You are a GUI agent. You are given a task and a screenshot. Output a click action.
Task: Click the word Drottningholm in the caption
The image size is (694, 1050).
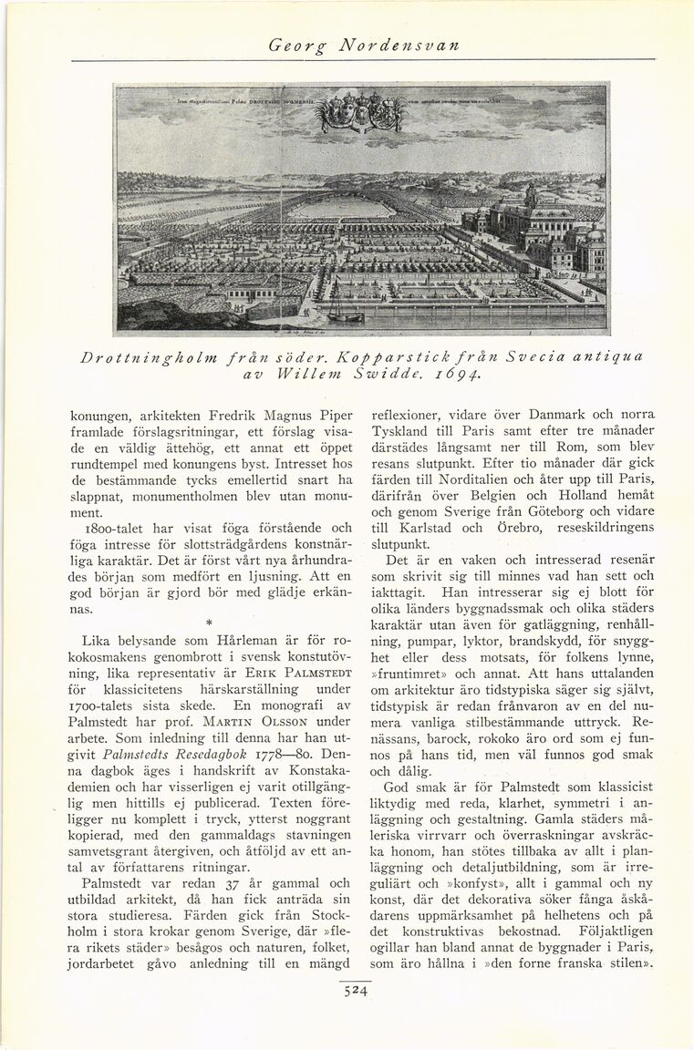point(146,356)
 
